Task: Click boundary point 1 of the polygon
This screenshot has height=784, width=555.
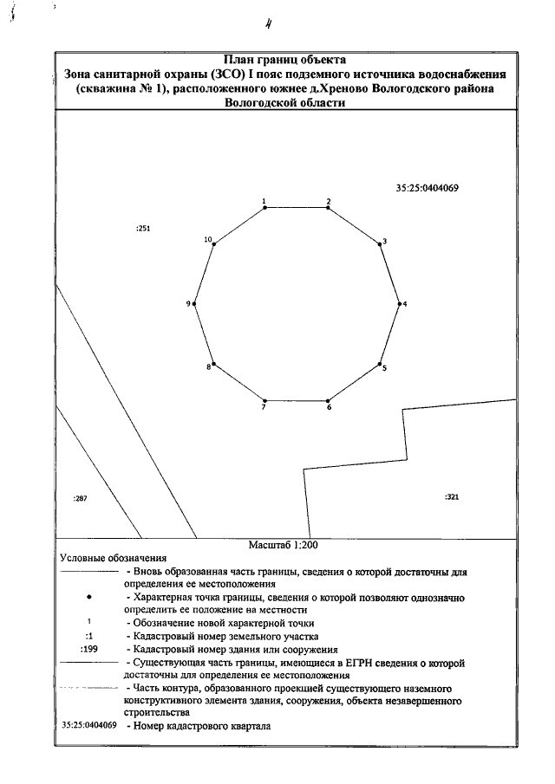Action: pos(264,208)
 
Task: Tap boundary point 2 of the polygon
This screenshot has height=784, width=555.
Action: pos(328,208)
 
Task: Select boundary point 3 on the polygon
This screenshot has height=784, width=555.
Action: pos(380,245)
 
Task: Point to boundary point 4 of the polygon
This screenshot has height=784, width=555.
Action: pos(400,304)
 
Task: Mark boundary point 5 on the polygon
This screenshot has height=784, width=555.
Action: pos(380,364)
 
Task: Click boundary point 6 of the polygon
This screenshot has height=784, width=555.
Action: pos(328,401)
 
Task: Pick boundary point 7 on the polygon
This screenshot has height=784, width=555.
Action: pos(264,401)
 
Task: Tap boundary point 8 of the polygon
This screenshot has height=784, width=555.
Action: pos(213,364)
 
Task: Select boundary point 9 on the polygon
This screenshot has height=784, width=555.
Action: pos(194,304)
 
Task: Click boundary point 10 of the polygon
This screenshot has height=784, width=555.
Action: pos(213,245)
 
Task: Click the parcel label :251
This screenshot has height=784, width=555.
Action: pos(144,229)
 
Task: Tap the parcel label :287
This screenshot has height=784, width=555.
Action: pos(82,499)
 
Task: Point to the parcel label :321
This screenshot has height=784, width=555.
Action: pos(451,497)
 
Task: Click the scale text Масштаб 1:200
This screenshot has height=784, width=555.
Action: pos(284,547)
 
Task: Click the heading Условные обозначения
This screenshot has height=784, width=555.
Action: pos(113,560)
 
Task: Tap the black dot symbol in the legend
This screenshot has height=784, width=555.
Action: pos(90,598)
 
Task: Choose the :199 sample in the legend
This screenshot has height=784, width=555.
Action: pos(88,648)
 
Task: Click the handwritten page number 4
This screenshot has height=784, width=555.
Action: pos(280,23)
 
